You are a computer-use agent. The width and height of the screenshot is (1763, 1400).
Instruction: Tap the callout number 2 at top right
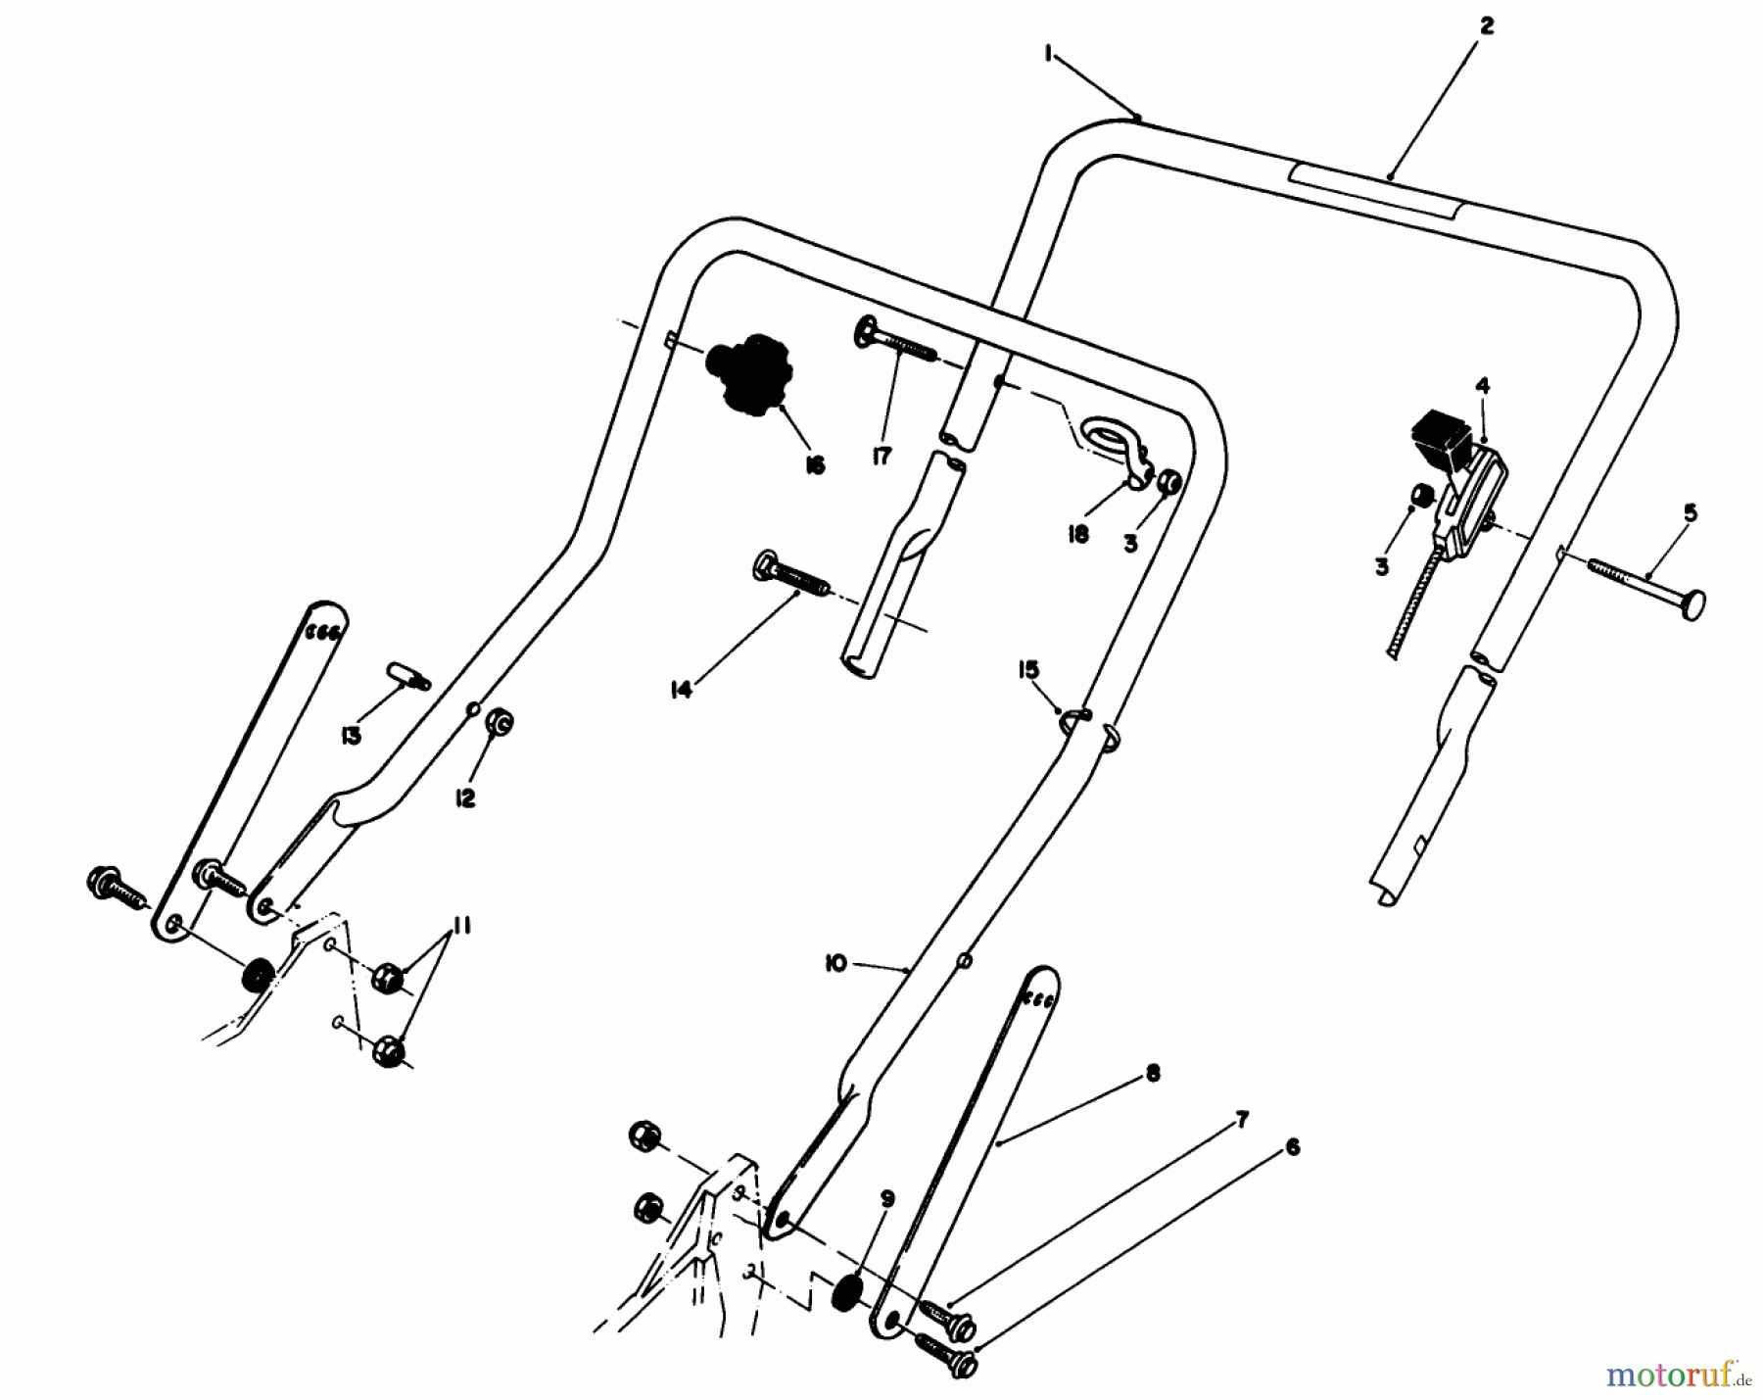click(x=1486, y=27)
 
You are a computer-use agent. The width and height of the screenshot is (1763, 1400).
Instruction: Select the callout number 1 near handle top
click(x=1048, y=56)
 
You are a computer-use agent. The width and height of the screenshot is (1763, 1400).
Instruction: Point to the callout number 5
click(x=1691, y=512)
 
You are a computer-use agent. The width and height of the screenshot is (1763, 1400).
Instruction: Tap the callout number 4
click(x=1483, y=386)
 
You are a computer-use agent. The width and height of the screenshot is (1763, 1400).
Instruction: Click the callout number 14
click(x=681, y=690)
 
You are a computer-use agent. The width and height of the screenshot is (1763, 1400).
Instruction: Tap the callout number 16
click(x=815, y=465)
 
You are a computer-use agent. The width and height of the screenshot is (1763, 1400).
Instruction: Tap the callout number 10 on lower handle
click(x=834, y=964)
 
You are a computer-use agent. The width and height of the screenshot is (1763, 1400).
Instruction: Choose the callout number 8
click(x=1152, y=1074)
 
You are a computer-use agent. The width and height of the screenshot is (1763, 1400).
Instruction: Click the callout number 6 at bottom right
click(x=1292, y=1146)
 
